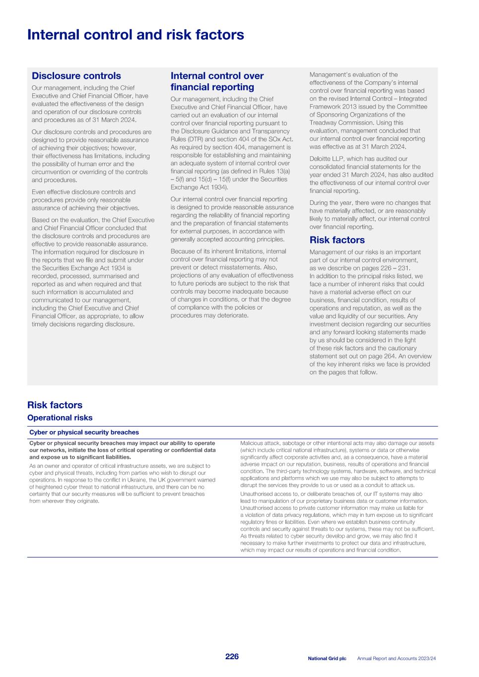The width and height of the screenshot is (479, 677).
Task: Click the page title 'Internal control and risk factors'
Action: click(136, 35)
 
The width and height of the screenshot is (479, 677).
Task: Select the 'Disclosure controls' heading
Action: click(76, 76)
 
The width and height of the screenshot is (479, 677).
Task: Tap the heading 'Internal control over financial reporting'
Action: click(217, 81)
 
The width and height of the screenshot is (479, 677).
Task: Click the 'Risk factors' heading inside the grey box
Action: click(337, 240)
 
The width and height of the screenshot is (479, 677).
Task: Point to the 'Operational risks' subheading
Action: click(60, 418)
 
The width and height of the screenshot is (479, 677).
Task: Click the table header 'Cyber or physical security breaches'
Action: click(84, 432)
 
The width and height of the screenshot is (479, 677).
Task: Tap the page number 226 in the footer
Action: click(232, 656)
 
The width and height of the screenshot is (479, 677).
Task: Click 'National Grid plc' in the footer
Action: click(327, 659)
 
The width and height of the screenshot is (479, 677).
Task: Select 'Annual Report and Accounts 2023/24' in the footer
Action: click(396, 659)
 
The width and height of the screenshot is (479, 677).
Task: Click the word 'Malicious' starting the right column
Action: click(251, 443)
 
